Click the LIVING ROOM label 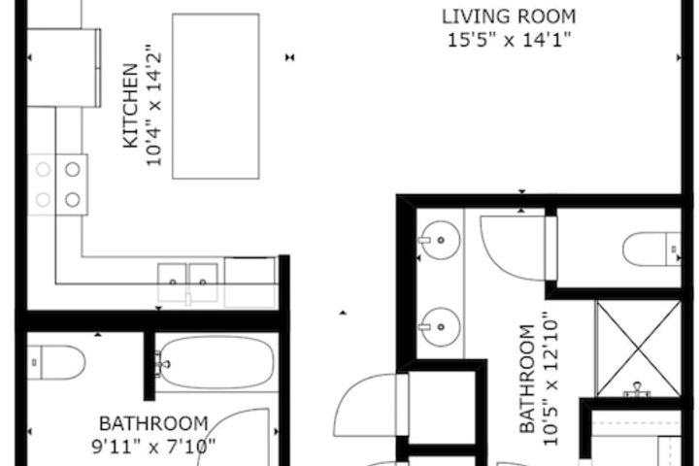click(x=509, y=17)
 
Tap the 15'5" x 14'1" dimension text click(x=509, y=40)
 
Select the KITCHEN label click(x=131, y=106)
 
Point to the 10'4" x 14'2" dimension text click(x=153, y=106)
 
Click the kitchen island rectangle click(x=216, y=96)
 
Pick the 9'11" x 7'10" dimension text click(x=153, y=446)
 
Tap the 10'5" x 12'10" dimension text click(x=550, y=379)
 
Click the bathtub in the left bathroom click(x=216, y=362)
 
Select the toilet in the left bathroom click(x=56, y=362)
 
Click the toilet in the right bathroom click(x=651, y=249)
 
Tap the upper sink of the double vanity click(x=441, y=240)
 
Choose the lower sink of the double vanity click(x=441, y=327)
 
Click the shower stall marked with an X click(x=639, y=349)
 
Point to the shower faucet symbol click(x=638, y=389)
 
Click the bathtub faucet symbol click(x=162, y=363)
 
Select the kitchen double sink click(x=187, y=283)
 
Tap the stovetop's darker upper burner click(x=73, y=170)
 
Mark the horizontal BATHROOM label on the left click(x=153, y=423)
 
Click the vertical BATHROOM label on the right click(x=527, y=379)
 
